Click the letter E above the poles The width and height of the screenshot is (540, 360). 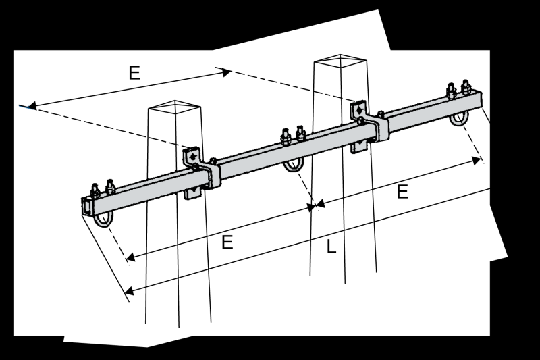[134, 73]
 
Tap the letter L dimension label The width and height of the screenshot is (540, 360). [331, 248]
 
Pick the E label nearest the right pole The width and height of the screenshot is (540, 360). [402, 192]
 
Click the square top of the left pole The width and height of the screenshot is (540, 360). [175, 108]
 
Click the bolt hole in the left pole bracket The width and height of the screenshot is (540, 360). [194, 156]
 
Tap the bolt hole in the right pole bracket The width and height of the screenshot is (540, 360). [358, 109]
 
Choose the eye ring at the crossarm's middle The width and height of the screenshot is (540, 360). [294, 165]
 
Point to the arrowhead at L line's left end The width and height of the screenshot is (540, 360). [130, 291]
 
